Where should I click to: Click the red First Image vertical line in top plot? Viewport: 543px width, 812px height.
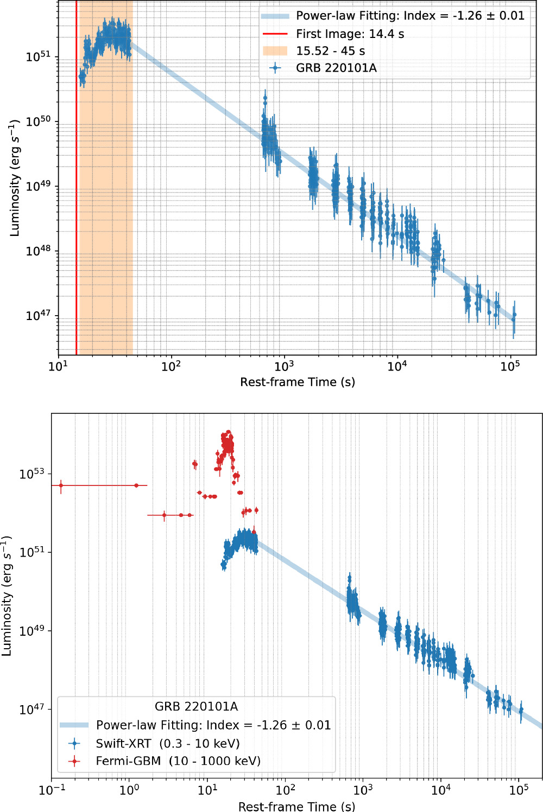pos(77,217)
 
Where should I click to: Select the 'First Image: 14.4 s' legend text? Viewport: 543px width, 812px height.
pos(350,34)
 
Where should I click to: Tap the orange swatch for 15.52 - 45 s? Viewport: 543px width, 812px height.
pos(275,51)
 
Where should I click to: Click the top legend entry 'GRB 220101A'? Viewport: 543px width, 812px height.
pos(336,68)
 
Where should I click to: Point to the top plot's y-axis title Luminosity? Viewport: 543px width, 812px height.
pos(14,178)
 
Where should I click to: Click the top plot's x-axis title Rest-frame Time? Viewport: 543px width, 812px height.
pos(298,382)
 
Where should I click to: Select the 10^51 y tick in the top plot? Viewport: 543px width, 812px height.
pos(38,57)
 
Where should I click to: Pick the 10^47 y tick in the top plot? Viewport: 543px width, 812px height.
pos(38,316)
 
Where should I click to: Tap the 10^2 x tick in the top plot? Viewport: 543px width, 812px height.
pos(171,366)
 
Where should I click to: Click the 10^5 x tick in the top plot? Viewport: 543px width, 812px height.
pos(509,366)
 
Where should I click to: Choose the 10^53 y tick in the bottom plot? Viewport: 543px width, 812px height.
pos(31,474)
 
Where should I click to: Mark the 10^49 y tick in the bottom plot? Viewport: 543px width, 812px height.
pos(31,631)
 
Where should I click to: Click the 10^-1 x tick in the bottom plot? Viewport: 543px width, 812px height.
pos(52,790)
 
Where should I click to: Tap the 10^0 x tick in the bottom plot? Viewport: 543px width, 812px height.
pos(130,790)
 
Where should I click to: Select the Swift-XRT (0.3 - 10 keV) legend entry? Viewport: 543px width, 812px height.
pos(167,743)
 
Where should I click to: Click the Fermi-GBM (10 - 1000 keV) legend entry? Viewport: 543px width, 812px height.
pos(178,761)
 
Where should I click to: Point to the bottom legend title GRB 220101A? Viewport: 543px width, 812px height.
pos(196,706)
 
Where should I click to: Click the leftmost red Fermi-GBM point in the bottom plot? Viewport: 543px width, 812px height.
pos(61,485)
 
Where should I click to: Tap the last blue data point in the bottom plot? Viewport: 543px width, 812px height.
pos(521,710)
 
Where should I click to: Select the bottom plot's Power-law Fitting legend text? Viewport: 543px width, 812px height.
pos(213,725)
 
